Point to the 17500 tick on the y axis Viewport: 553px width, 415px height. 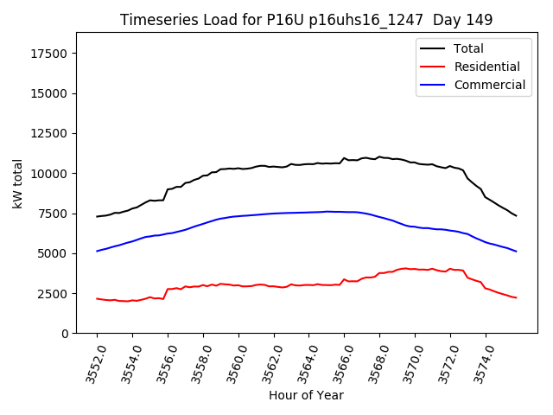point(49,54)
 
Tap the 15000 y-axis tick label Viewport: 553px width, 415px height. point(49,93)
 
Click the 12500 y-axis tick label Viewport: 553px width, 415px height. point(49,133)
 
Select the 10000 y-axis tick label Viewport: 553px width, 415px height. point(49,174)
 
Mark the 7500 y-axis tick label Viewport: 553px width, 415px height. point(53,214)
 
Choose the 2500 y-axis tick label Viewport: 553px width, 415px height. point(53,293)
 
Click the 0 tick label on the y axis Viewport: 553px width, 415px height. point(65,334)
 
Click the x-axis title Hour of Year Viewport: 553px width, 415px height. point(306,396)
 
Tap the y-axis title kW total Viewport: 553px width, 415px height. point(17,183)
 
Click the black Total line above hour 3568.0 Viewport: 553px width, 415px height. point(379,157)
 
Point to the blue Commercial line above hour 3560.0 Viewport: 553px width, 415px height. point(238,216)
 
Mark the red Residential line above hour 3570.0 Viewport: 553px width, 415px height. point(415,269)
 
